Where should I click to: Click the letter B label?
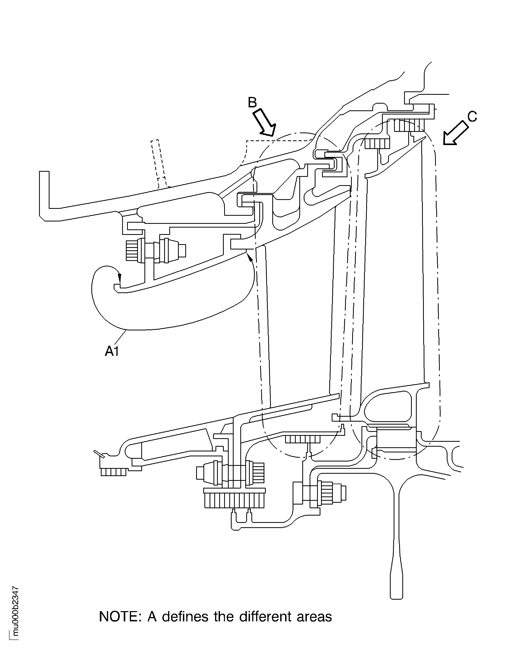pyautogui.click(x=252, y=103)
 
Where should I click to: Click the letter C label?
pyautogui.click(x=472, y=116)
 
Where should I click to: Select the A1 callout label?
pyautogui.click(x=112, y=351)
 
